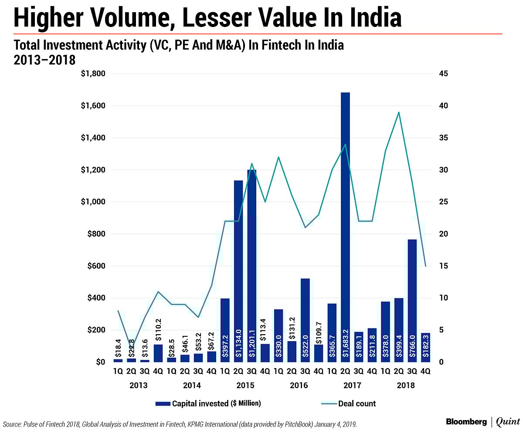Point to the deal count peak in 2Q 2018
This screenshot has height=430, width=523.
[x=398, y=112]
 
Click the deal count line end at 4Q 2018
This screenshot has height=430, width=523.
[x=425, y=266]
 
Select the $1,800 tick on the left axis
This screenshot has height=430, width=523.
[x=93, y=74]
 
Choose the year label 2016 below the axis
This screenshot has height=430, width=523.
[x=299, y=386]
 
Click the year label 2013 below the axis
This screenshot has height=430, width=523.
[x=138, y=386]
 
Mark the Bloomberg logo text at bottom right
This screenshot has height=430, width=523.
[x=466, y=421]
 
